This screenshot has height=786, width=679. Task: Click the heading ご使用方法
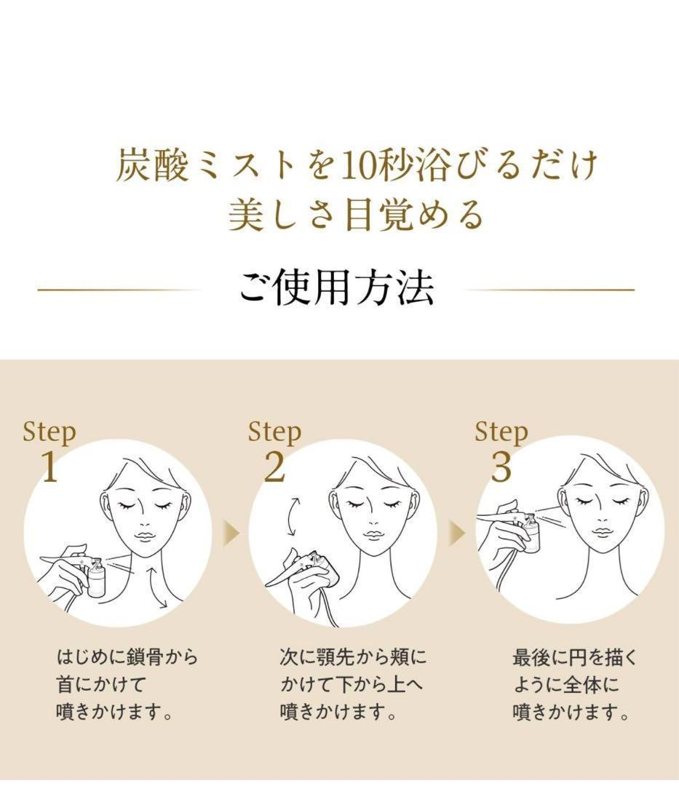coord(336,289)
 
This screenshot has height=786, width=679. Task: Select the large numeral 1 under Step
coord(49,467)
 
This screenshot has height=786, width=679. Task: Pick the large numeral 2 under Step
coord(274,467)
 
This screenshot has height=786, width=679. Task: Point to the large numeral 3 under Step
coord(501,467)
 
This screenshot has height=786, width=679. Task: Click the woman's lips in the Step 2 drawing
coord(374,535)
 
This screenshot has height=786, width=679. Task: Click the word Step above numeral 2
coord(274,432)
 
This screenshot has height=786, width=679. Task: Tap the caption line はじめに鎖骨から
coord(127,658)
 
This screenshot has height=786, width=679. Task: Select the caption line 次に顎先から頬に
coord(353,658)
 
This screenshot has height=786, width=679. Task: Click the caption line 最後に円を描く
coord(575,658)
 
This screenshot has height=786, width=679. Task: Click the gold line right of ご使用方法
coord(549,290)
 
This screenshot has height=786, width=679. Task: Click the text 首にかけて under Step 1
coord(92,685)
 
